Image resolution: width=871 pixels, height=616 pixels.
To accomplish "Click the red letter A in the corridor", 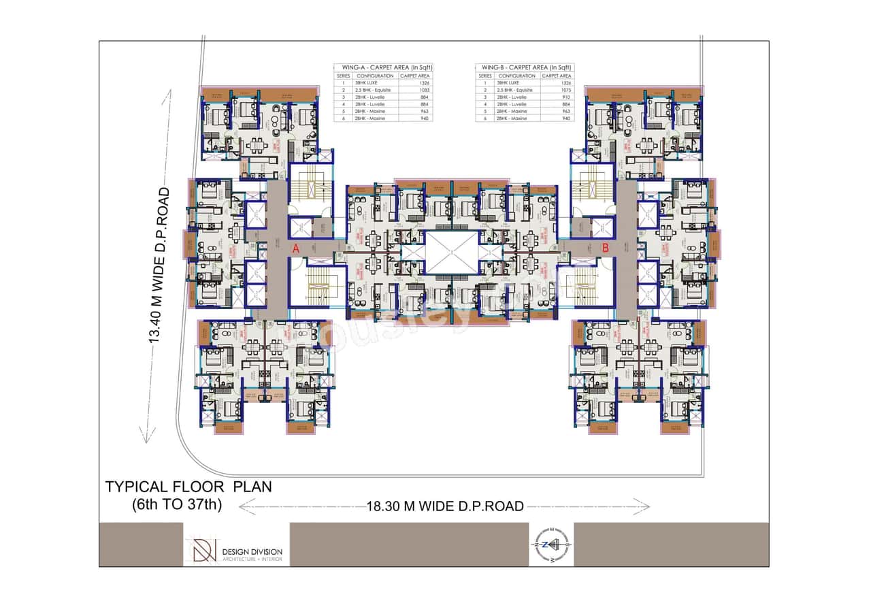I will click(x=295, y=250).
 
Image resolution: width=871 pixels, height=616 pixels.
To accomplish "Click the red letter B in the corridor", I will click(x=605, y=249).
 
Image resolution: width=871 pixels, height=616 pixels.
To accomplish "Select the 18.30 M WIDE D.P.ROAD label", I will click(x=445, y=506).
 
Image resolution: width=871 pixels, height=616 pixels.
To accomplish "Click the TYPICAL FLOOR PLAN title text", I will click(x=188, y=487).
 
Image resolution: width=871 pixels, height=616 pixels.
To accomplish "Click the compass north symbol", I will click(x=551, y=545).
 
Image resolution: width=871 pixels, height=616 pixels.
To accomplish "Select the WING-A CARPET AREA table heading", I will click(x=384, y=67).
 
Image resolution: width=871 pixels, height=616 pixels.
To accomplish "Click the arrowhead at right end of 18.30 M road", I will click(x=646, y=505).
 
